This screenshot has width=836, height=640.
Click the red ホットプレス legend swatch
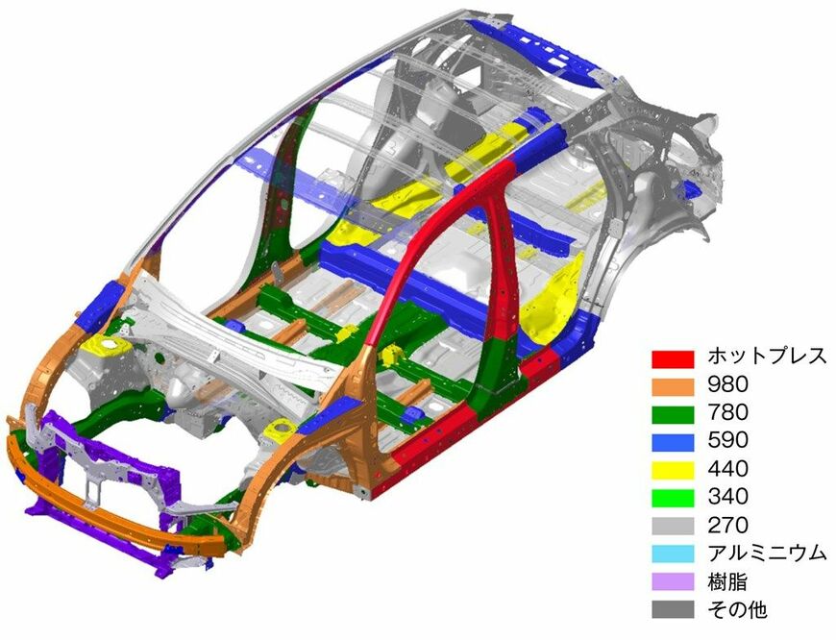point(673,359)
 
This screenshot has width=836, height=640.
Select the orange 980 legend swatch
point(673,386)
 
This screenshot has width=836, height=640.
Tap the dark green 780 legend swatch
point(673,414)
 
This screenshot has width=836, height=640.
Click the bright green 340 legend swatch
point(673,498)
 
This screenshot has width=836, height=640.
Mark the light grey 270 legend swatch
point(673,526)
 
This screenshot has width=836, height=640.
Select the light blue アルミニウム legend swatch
point(673,554)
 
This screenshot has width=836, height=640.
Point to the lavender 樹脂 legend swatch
point(673,581)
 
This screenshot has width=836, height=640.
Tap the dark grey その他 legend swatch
point(673,609)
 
